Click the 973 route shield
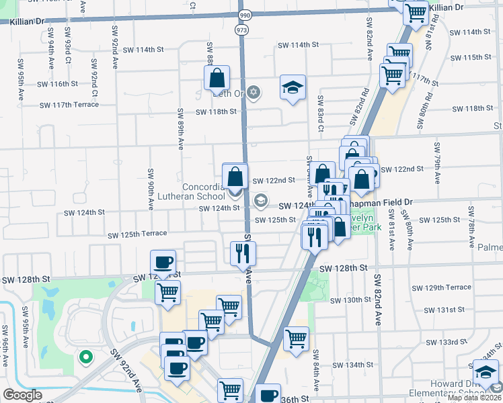[x=241, y=30]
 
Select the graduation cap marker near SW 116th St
[x=293, y=87]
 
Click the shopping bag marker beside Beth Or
[x=217, y=79]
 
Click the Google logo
[x=22, y=395]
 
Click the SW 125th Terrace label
[x=137, y=234]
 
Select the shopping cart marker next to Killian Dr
[x=416, y=11]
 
